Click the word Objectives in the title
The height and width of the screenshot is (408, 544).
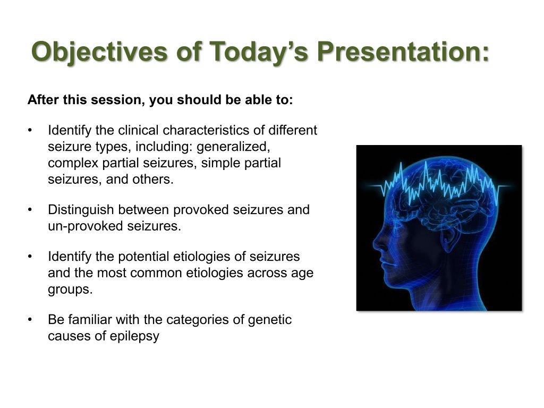click(99, 52)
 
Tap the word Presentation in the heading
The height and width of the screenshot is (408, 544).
click(403, 52)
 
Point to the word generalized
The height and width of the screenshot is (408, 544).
click(233, 147)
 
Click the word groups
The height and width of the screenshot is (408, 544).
click(70, 290)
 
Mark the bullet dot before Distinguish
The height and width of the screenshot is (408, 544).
click(30, 210)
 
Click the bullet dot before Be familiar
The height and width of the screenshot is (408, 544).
click(30, 319)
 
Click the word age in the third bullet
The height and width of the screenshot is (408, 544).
click(301, 274)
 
